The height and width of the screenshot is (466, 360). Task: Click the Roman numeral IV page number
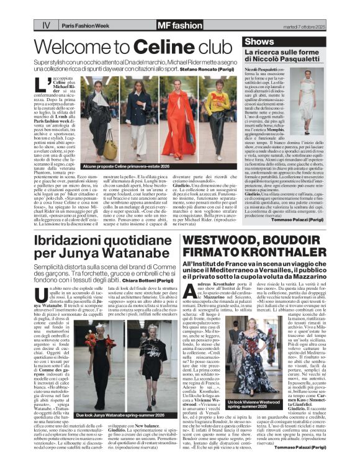pyautogui.click(x=46, y=25)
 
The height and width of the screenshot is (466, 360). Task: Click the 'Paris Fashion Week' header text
pyautogui.click(x=87, y=25)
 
